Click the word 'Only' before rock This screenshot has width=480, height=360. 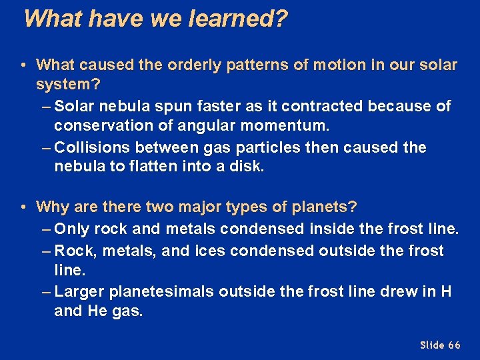tap(73, 229)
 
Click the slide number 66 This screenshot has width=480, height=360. tap(454, 345)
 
